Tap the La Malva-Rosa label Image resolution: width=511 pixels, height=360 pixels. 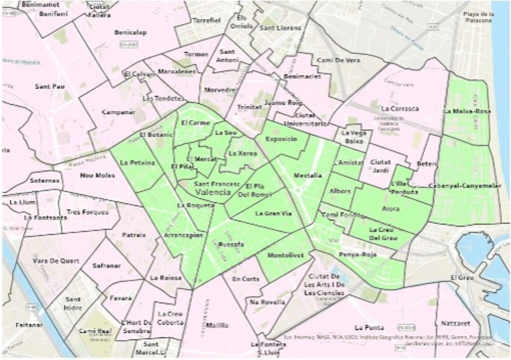[467, 111]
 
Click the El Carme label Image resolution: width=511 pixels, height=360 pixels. [195, 123]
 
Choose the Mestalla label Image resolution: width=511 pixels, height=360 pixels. [308, 175]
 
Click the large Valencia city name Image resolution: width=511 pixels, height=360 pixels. [212, 192]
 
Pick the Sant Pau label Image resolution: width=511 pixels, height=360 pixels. [50, 86]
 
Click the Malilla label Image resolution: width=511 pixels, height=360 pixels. [217, 325]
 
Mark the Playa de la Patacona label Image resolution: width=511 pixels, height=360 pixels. [479, 17]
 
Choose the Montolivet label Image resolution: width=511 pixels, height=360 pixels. [285, 255]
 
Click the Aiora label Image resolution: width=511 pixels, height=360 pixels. [390, 209]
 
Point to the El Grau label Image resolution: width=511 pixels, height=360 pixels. [460, 278]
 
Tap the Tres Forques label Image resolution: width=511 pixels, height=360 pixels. [87, 212]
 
